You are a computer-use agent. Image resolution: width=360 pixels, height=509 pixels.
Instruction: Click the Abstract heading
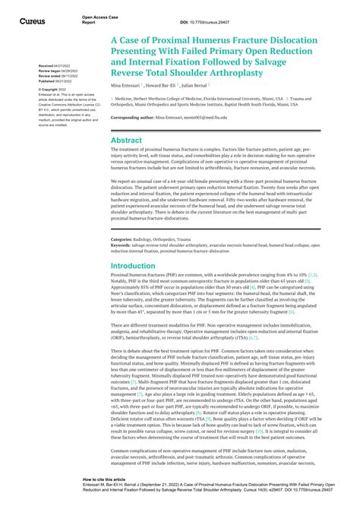coord(126,141)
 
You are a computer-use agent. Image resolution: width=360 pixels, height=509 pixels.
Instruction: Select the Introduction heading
coord(132,266)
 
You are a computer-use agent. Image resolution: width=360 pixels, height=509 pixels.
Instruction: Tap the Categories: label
coord(123,239)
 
